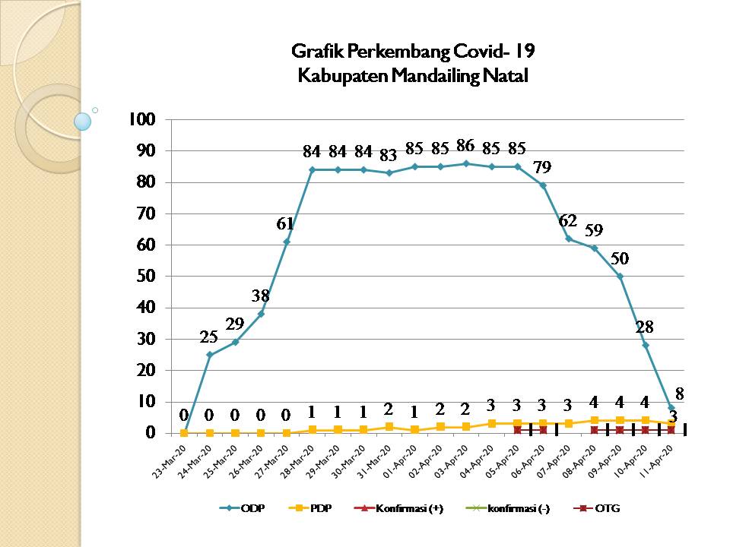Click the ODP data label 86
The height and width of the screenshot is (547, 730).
coord(465,145)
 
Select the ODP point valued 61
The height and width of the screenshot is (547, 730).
coord(287,242)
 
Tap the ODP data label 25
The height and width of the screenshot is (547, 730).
coord(210,337)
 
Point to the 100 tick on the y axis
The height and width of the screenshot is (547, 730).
coord(144,119)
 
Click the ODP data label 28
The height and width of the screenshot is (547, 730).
coord(645,327)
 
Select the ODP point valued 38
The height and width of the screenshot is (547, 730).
coord(261,314)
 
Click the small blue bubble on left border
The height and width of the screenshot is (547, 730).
coord(83,122)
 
